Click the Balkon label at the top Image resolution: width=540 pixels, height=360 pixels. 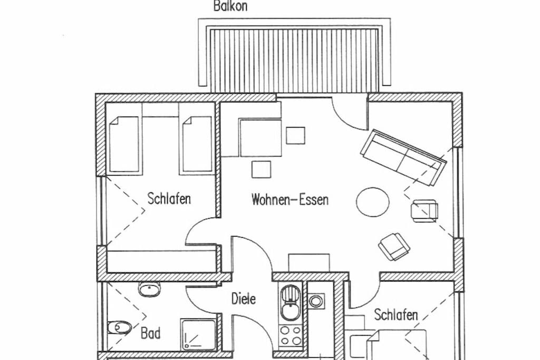point(230,6)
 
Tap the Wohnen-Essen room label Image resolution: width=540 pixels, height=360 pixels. point(290,200)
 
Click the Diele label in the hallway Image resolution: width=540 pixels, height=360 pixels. point(244,298)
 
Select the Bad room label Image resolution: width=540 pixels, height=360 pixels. point(150,333)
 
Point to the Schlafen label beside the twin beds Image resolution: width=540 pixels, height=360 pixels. point(169,199)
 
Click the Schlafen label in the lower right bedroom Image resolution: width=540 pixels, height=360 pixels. point(396,315)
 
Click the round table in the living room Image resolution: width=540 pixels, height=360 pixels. point(373,202)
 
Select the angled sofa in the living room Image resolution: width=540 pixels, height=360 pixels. point(403,157)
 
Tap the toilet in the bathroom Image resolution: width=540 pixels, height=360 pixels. point(119,327)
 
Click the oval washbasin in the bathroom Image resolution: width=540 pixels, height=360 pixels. point(149,289)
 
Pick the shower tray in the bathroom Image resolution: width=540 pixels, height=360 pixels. point(199,334)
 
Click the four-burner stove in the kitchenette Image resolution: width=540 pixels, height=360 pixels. point(291,335)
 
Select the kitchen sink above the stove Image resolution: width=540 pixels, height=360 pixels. point(291,303)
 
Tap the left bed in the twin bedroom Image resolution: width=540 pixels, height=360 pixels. point(124,144)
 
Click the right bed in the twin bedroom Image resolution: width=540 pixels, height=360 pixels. point(197,144)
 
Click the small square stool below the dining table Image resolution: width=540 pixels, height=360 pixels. point(261,170)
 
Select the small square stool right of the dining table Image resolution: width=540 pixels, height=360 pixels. point(295,135)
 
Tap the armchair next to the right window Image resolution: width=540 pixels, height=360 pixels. point(425,211)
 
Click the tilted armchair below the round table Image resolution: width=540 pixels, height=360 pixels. point(394,247)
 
